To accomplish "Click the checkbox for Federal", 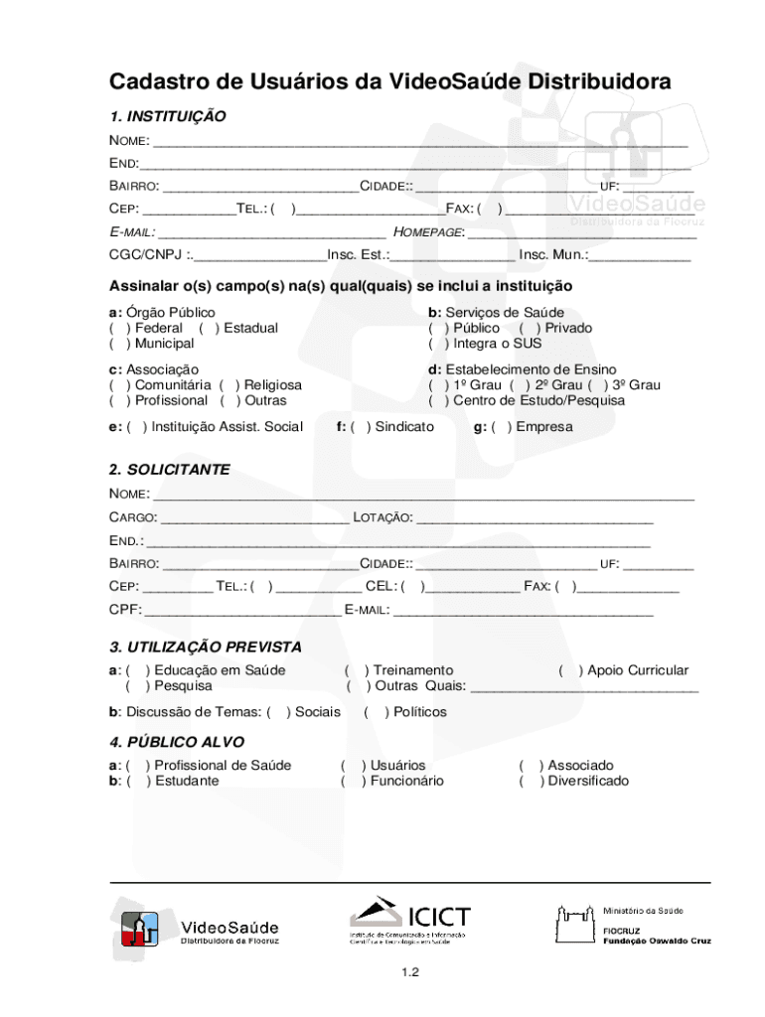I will [x=120, y=328].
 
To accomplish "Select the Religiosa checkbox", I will [x=229, y=384].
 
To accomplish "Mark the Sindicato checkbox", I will [x=361, y=427].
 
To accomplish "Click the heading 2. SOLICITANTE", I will [x=169, y=469].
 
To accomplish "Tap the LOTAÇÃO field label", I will [x=382, y=517].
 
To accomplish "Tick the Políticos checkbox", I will [x=377, y=712].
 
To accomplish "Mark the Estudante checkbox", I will [x=139, y=781].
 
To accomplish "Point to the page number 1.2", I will [x=382, y=973].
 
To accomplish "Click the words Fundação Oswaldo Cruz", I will [x=657, y=941].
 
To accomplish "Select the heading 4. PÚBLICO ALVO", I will [x=176, y=742].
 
